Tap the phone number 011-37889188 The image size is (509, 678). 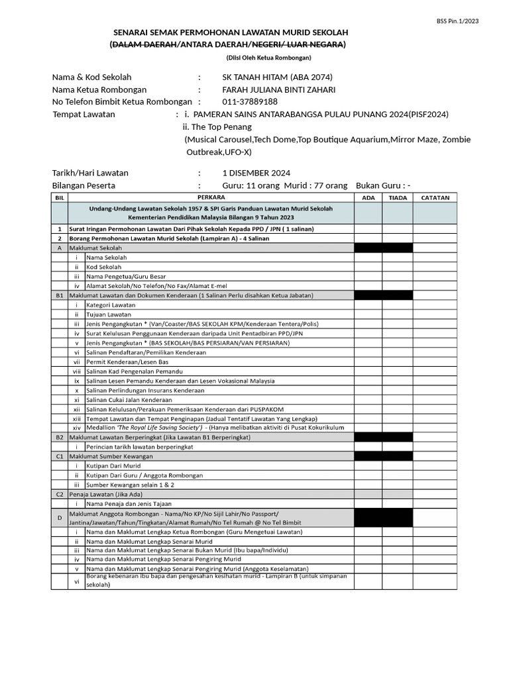(x=250, y=101)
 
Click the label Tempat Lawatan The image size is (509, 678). (x=84, y=114)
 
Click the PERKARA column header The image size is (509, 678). (x=211, y=197)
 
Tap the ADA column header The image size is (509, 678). (x=368, y=197)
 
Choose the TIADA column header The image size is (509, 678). (x=398, y=197)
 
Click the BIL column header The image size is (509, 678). (x=60, y=197)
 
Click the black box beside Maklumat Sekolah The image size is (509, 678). (x=383, y=248)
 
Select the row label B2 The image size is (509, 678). (x=60, y=438)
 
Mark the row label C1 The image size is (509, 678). (x=60, y=456)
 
